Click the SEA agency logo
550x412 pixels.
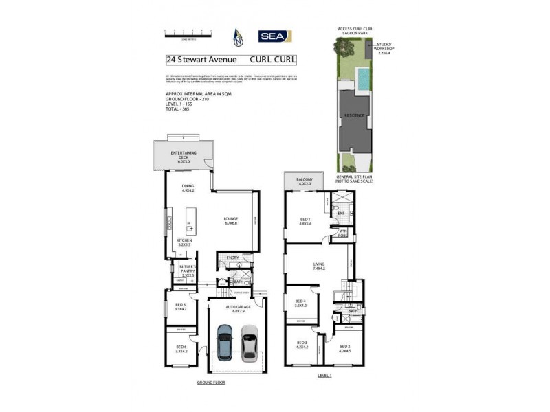[x=275, y=36]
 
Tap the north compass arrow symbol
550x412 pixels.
[x=239, y=36]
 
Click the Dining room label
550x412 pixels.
[x=188, y=189]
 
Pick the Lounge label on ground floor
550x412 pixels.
[x=230, y=221]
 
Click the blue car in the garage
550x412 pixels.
[x=225, y=341]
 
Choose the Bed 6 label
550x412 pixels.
[x=181, y=350]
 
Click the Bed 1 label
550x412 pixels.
[x=305, y=221]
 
